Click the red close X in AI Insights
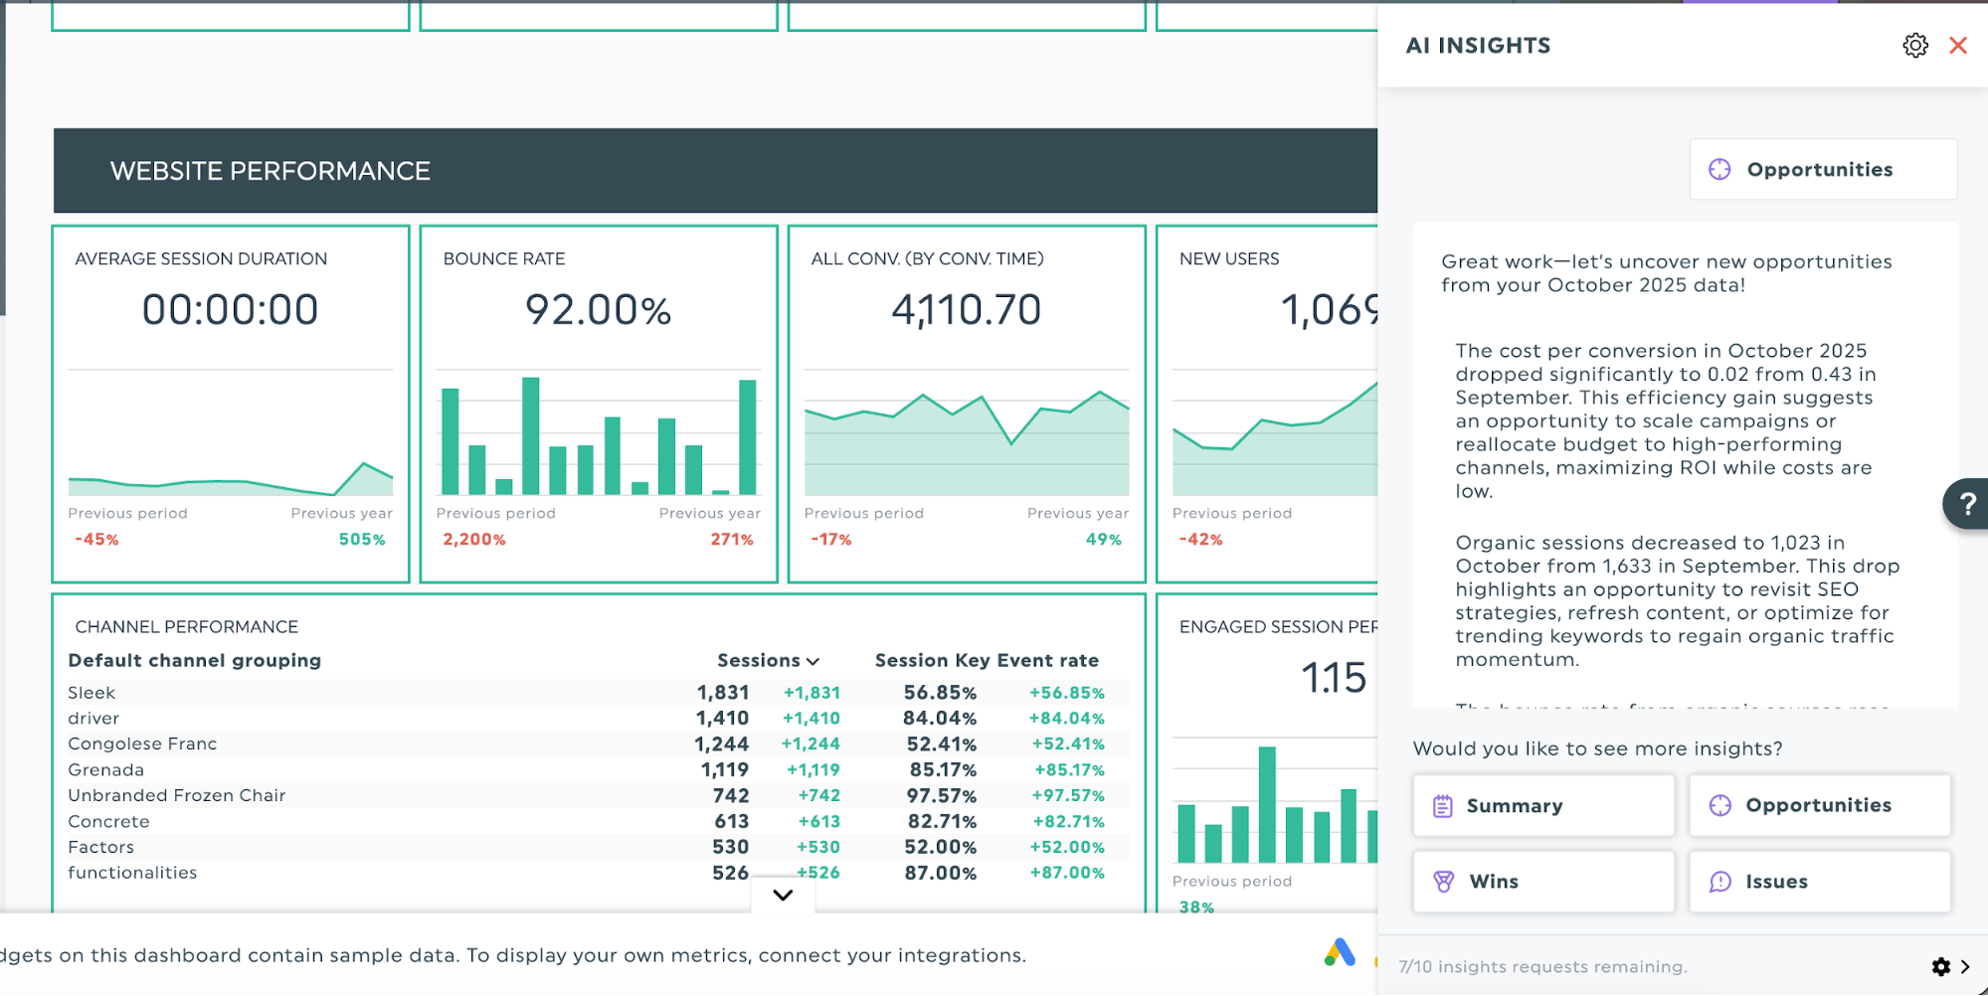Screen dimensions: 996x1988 1957,46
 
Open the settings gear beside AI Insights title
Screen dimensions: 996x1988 1914,46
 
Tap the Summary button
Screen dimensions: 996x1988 1542,805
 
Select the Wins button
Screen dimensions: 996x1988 1542,882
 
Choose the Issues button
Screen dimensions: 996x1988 1819,882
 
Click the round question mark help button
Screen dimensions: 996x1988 1966,504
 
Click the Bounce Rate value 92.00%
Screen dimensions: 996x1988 598,310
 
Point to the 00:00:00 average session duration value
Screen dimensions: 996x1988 230,310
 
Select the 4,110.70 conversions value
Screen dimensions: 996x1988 966,310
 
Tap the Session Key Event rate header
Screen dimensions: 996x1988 986,661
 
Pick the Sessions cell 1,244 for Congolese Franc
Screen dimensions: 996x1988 721,745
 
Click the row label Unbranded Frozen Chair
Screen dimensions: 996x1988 177,795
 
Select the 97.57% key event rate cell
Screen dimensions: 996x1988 941,796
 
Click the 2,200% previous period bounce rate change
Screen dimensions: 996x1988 474,540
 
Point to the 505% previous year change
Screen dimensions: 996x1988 362,540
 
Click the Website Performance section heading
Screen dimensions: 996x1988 271,171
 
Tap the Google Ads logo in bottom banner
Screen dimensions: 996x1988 1340,953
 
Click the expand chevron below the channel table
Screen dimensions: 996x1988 783,895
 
